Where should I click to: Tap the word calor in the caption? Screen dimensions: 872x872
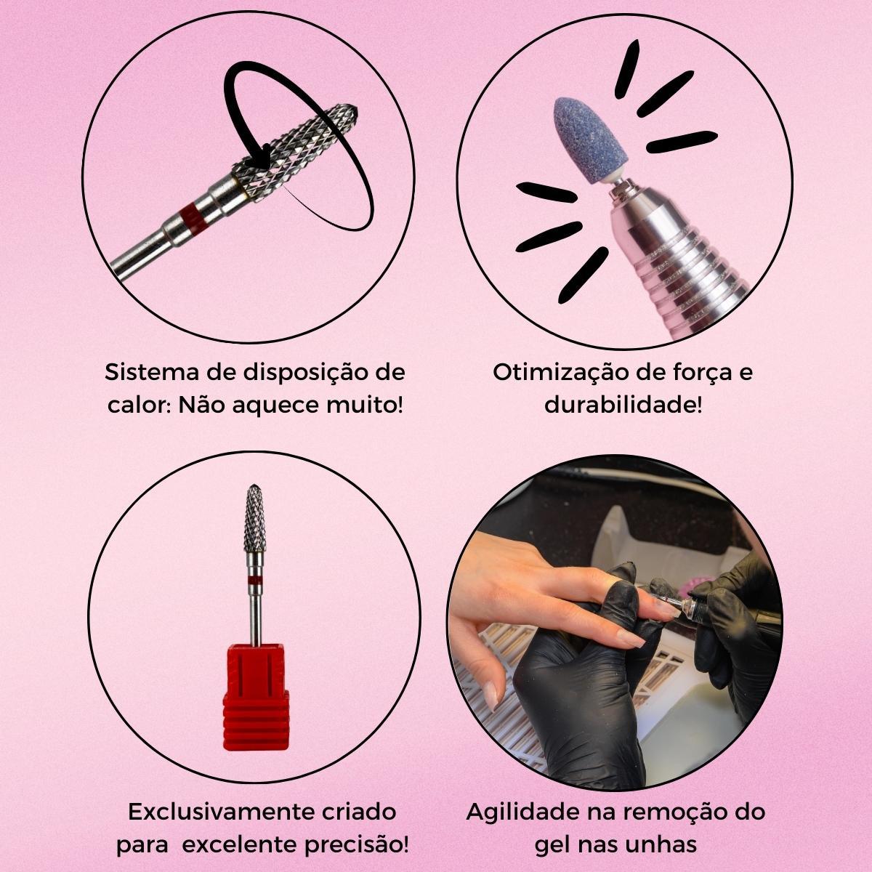click(135, 405)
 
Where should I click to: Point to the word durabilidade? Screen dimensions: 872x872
click(623, 405)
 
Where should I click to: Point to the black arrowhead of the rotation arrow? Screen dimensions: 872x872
click(263, 158)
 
